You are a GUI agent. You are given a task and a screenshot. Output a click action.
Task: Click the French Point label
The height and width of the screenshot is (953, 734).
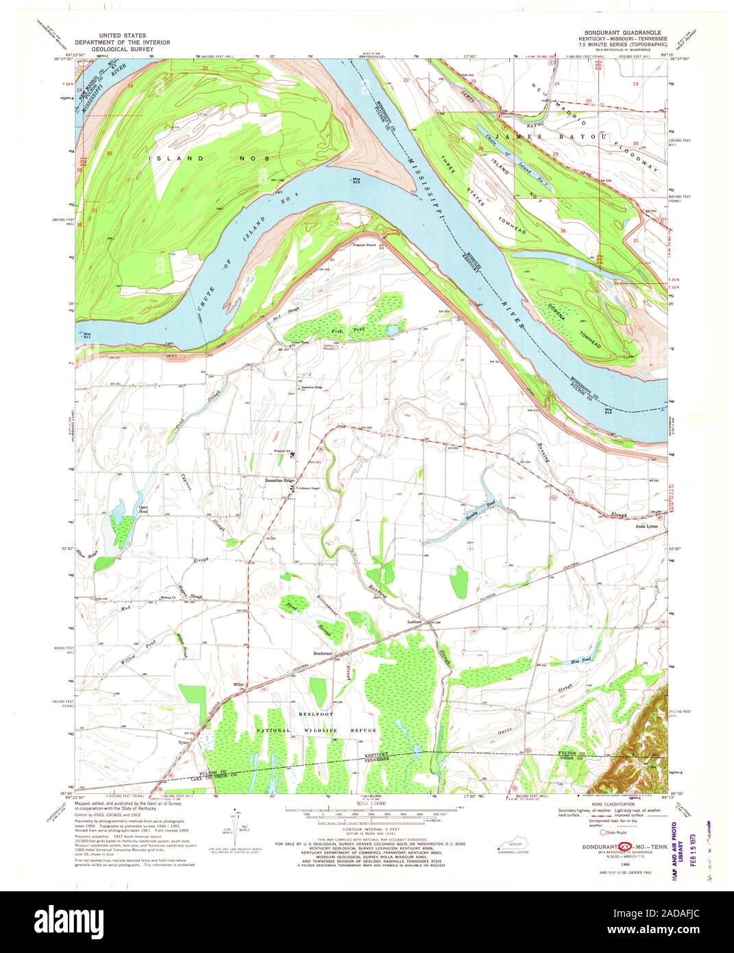(365, 245)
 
